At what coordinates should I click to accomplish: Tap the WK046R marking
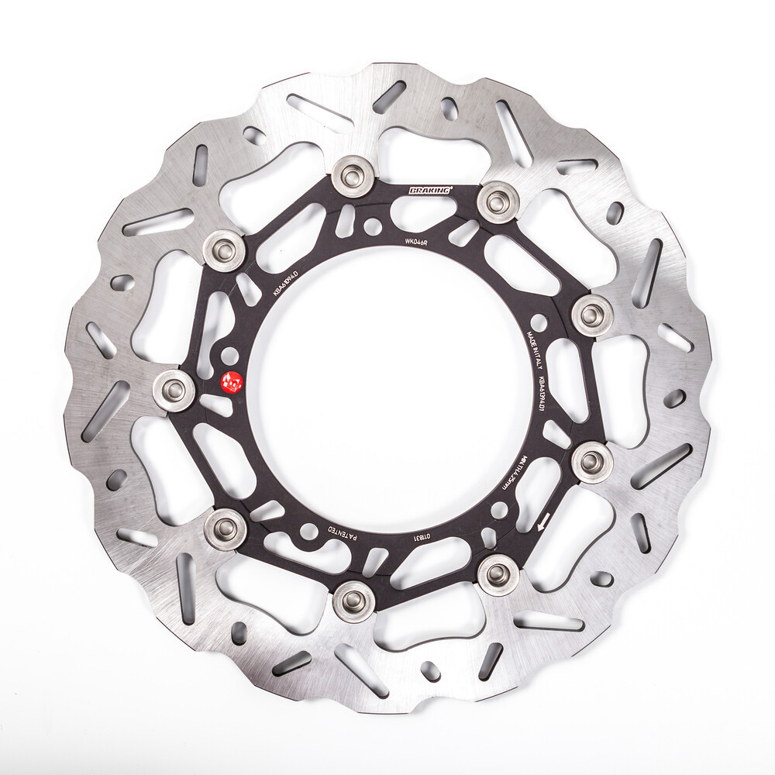tap(417, 241)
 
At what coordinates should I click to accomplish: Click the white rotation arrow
tap(544, 522)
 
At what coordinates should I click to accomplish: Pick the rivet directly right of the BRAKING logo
tap(497, 201)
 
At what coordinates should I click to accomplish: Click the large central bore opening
tap(387, 387)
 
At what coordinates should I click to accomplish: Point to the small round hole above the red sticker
tap(230, 356)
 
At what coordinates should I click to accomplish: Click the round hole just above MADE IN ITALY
tap(539, 320)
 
